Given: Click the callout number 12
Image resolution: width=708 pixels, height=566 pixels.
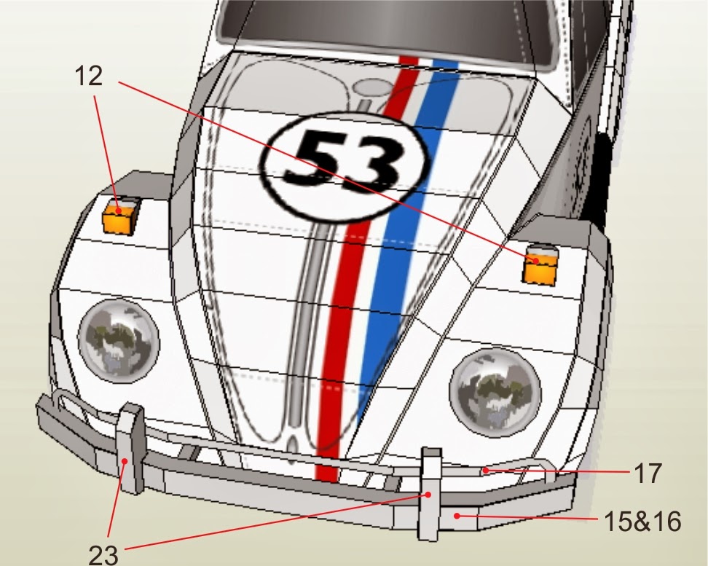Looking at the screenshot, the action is tap(88, 76).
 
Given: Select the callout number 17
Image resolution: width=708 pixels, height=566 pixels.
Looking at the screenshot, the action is tap(648, 473).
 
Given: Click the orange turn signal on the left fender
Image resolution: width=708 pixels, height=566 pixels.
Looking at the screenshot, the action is tap(119, 218).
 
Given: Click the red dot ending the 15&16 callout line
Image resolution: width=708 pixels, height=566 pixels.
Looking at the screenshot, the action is tap(457, 516).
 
